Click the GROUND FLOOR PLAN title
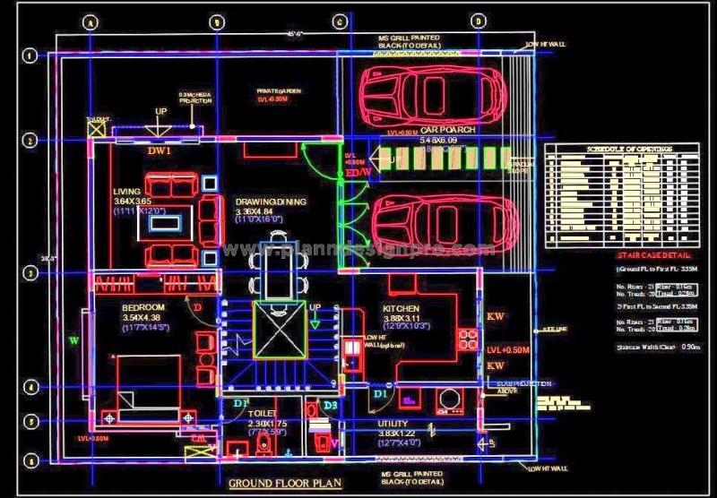(x=285, y=485)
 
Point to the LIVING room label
(x=126, y=192)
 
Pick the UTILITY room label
(x=393, y=423)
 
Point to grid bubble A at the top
(x=90, y=22)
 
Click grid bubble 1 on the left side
(x=30, y=56)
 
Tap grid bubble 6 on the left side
(x=30, y=460)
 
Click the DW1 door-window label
(x=160, y=151)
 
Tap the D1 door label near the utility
(x=380, y=393)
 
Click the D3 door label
(x=330, y=407)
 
